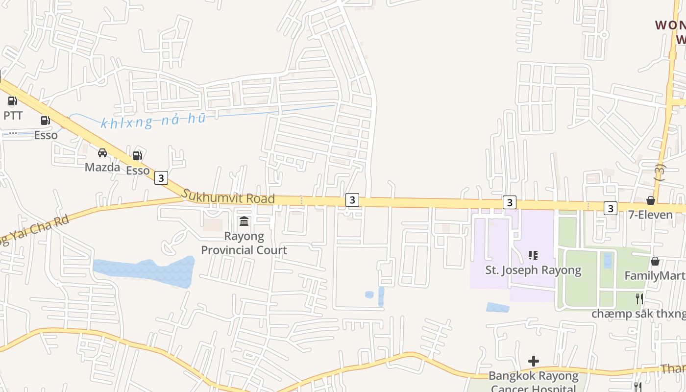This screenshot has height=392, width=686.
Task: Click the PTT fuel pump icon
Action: [12, 101]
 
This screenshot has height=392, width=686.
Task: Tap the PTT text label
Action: [13, 116]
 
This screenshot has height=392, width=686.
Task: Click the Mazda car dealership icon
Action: [102, 153]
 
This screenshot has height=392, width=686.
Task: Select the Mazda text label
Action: [102, 167]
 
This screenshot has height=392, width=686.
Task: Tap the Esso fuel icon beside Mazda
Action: [138, 156]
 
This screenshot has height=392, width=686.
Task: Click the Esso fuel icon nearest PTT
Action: [46, 120]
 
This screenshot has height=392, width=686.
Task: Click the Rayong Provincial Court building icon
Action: [244, 221]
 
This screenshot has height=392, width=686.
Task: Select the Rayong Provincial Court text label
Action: [244, 243]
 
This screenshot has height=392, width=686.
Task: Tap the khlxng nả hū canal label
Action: [153, 121]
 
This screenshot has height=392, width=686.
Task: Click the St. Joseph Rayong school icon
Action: [533, 255]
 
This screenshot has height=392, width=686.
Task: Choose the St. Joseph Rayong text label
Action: [533, 270]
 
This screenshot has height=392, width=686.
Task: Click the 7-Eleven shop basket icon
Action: [651, 200]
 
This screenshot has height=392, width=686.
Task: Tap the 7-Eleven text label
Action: [651, 215]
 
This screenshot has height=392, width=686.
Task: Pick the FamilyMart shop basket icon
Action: [655, 261]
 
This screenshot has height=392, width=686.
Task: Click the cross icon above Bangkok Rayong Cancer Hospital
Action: [534, 362]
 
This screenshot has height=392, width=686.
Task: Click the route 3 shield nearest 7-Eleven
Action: [610, 208]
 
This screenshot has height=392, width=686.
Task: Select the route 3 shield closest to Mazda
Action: [161, 178]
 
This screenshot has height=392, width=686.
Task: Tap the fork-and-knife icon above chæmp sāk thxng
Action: [638, 298]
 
